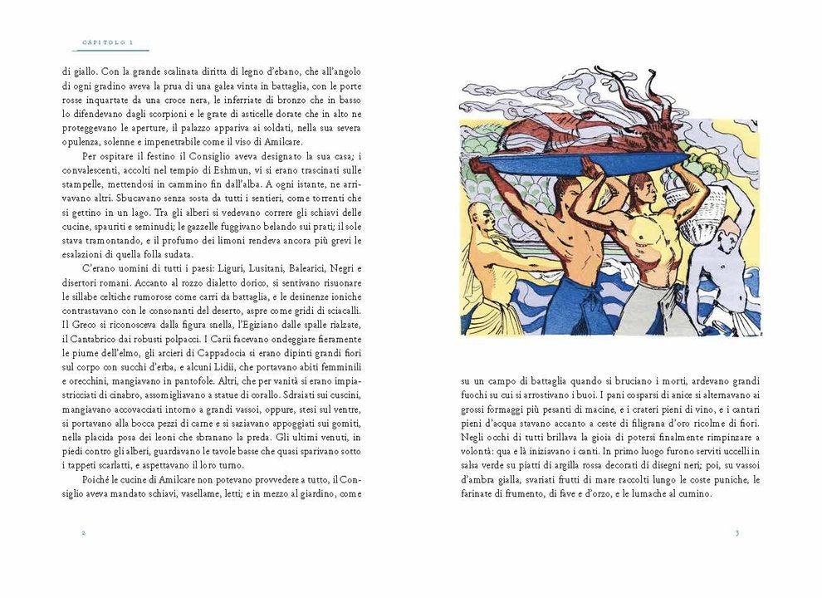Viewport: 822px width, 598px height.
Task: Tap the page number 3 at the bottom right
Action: tap(736, 532)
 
